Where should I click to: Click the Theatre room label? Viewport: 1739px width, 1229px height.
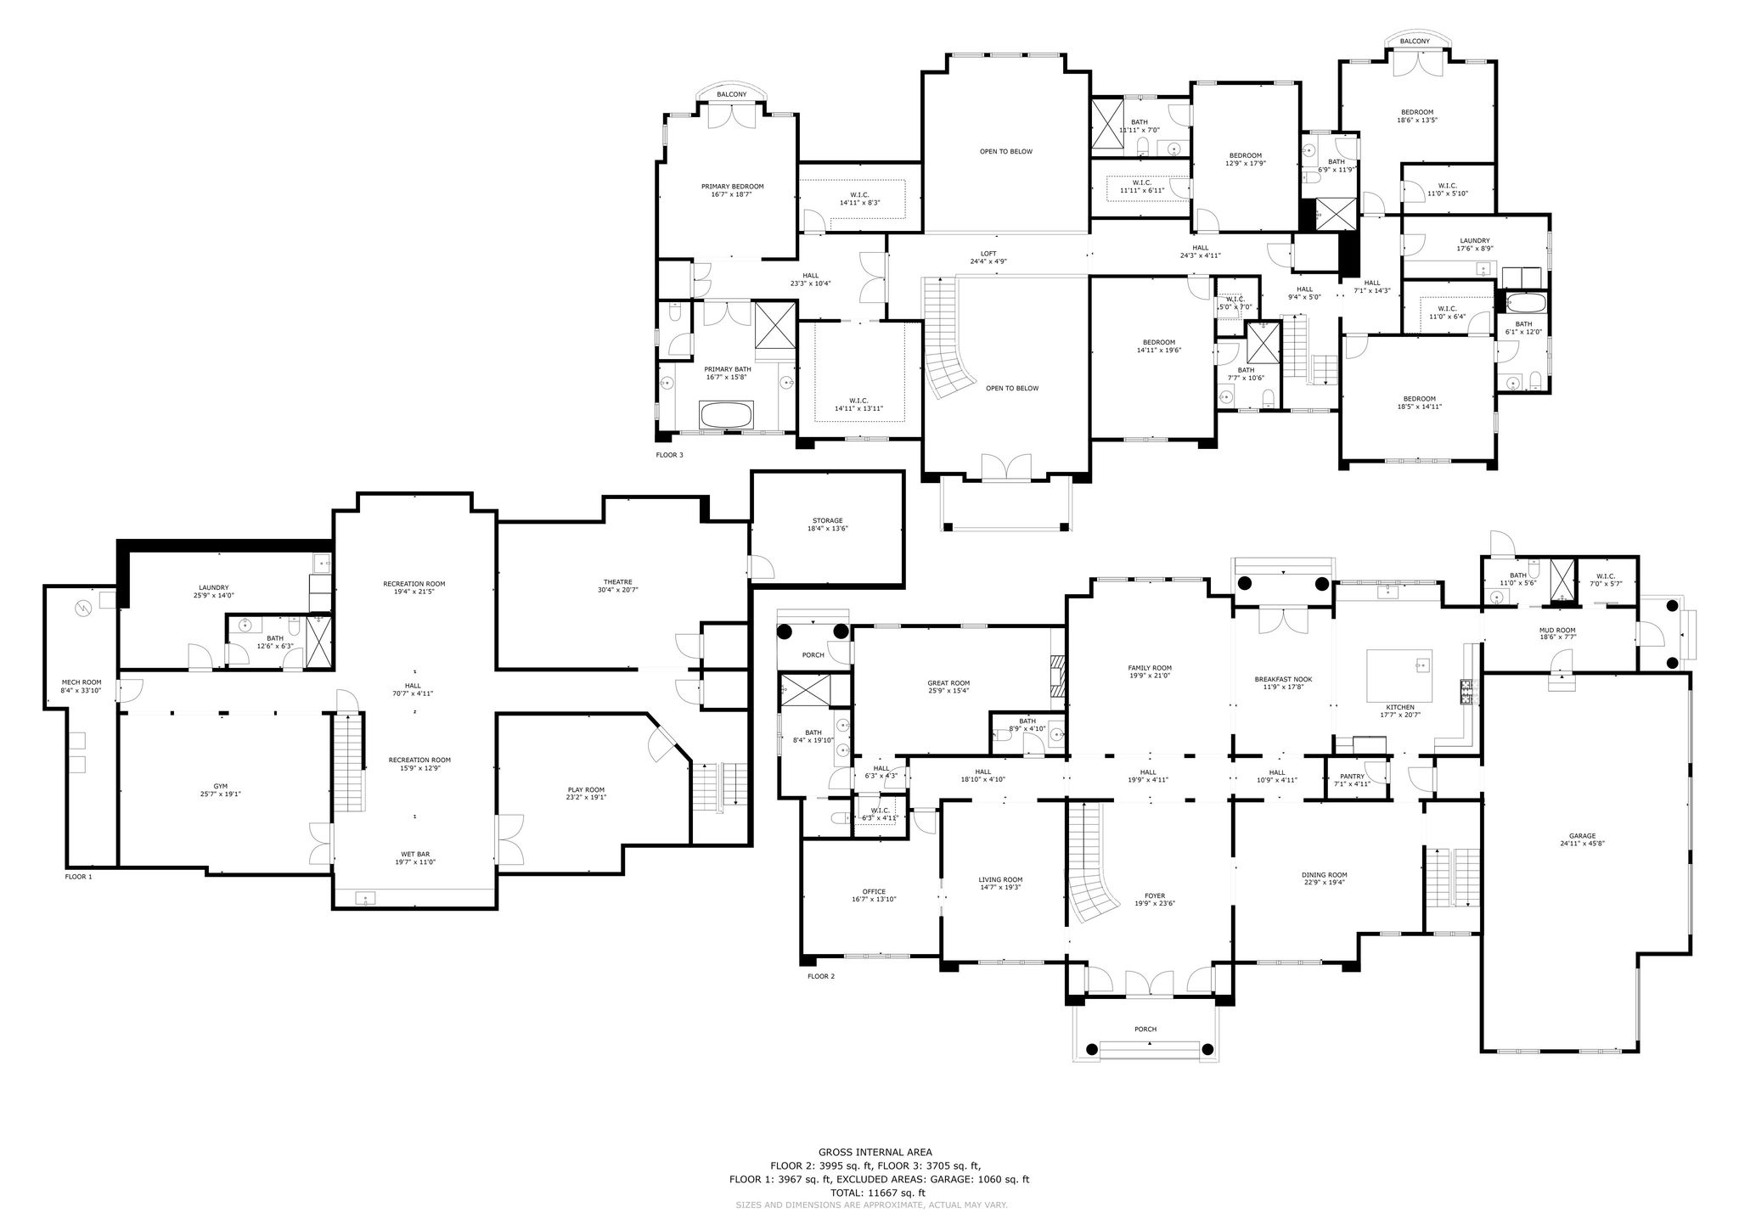618,581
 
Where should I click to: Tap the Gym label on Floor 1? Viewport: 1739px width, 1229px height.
221,787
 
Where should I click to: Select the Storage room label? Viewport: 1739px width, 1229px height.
827,520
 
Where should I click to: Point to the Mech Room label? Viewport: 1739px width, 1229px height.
82,682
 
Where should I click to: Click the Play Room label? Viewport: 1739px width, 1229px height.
587,790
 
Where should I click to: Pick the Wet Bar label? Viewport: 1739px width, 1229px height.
415,854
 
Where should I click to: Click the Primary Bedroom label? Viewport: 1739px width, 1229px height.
732,187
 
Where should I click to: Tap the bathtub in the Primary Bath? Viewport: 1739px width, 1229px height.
726,415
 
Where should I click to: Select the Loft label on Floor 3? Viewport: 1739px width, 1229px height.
988,253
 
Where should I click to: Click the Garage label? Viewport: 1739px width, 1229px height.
1582,836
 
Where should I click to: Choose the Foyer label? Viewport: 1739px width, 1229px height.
1155,895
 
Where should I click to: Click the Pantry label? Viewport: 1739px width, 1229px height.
1352,776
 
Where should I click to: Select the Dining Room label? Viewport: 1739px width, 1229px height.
1325,875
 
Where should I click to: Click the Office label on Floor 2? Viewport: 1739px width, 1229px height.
874,891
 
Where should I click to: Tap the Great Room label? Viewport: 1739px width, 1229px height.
948,682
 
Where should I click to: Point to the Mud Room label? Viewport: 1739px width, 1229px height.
1557,630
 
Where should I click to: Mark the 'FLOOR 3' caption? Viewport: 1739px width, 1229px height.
669,455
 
